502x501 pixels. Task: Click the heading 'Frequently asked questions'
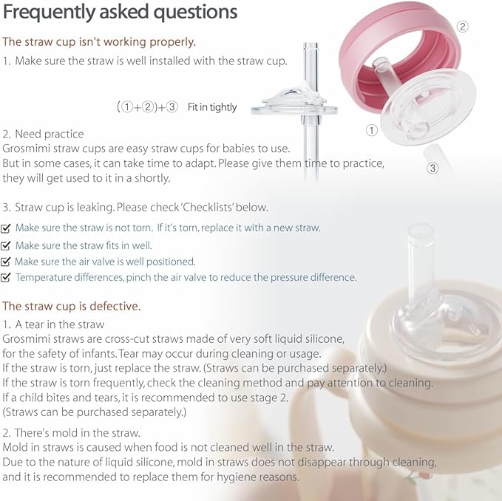(121, 13)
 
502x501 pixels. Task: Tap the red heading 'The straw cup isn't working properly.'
(99, 41)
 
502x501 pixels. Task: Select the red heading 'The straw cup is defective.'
(71, 305)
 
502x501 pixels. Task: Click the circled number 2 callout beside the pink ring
(463, 27)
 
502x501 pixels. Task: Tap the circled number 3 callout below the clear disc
(433, 168)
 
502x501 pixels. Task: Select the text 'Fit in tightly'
(212, 107)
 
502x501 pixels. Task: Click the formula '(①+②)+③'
(147, 107)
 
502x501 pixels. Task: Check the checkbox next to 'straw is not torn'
(7, 228)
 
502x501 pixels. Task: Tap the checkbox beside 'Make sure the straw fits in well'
(7, 245)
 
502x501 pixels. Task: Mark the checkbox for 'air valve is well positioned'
(7, 262)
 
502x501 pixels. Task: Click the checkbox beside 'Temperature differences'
(7, 278)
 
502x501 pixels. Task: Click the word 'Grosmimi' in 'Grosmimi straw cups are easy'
(25, 149)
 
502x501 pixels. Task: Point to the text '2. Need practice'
(44, 134)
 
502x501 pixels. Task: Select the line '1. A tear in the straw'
(54, 324)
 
